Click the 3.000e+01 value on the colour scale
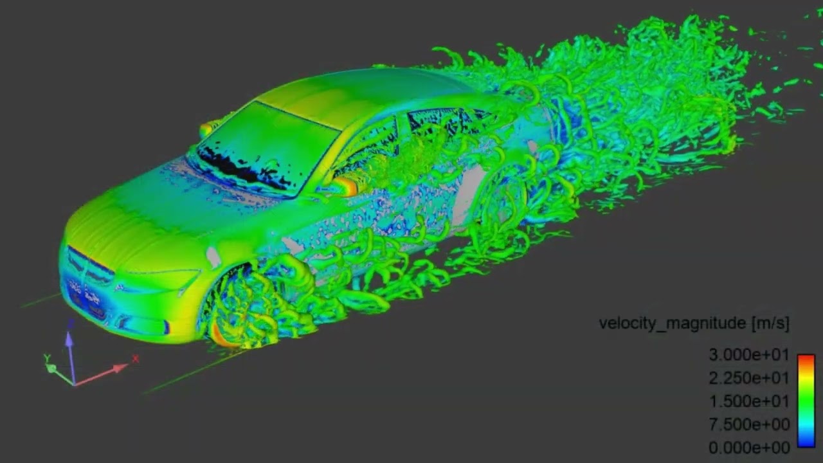748,355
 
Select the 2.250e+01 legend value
748,378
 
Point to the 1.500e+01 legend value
748,401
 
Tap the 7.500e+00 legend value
748,424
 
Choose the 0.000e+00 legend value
748,448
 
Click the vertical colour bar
806,400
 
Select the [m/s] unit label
770,323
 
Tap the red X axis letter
136,359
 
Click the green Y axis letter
47,358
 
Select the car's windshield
267,148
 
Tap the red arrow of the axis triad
103,374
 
